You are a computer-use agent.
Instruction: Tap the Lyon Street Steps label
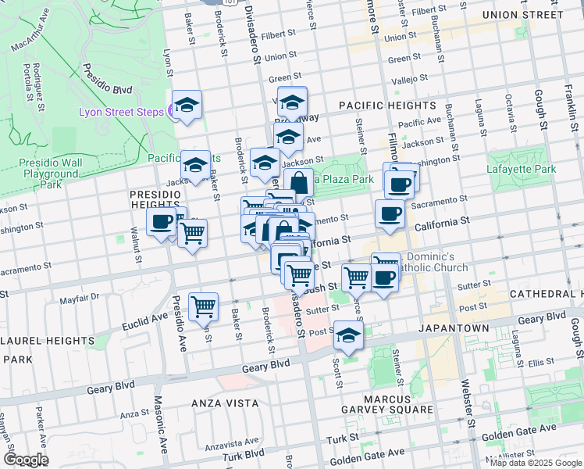tap(122, 112)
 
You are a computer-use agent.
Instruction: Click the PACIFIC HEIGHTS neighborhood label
tap(386, 105)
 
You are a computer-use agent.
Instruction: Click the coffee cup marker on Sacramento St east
tap(390, 213)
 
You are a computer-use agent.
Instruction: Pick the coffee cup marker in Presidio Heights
tap(162, 222)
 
